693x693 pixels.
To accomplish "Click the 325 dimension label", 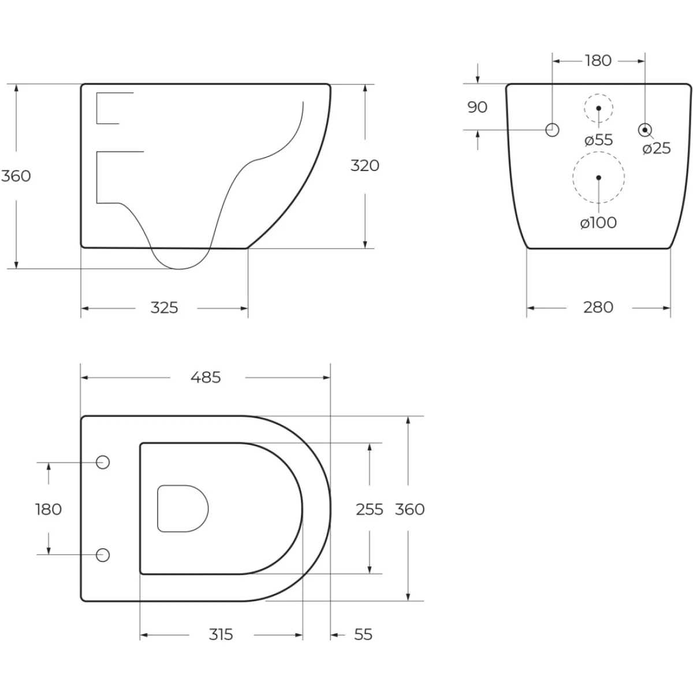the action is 165,308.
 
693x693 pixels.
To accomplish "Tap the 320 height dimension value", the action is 364,166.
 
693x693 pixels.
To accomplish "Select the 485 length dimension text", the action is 206,378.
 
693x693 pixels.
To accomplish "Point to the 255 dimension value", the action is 370,509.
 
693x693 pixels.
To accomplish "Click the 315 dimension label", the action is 221,635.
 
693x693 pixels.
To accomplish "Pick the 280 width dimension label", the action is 598,307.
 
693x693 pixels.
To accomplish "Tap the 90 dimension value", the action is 477,107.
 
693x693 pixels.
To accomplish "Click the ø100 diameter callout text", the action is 598,223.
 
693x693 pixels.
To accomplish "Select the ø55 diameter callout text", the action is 599,140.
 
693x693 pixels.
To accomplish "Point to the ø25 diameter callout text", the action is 657,148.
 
